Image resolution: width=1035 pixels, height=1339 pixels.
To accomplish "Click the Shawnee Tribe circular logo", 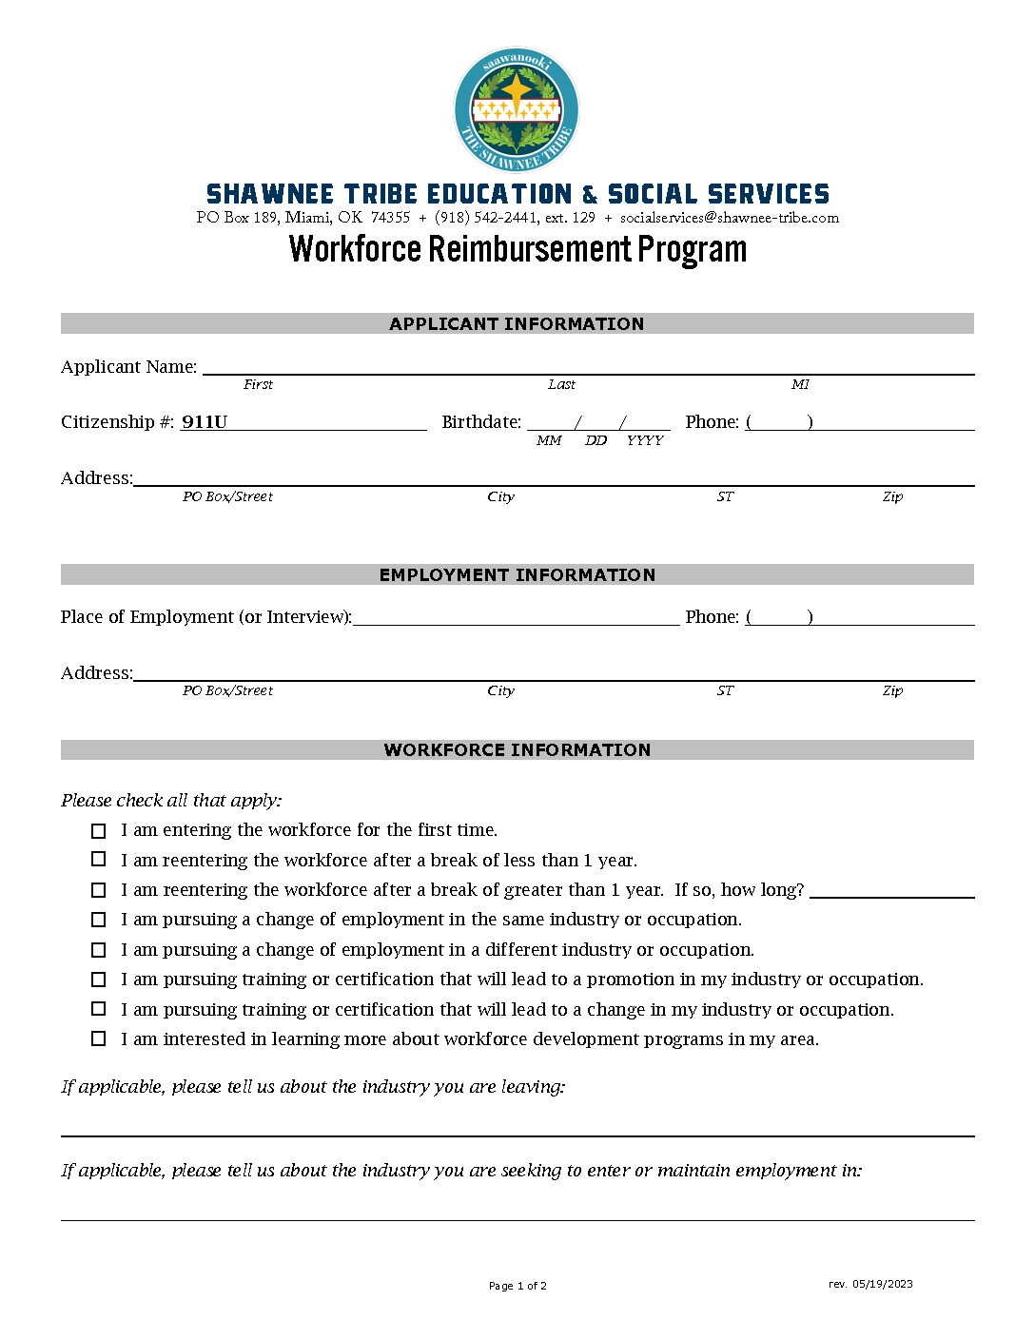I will coord(517,110).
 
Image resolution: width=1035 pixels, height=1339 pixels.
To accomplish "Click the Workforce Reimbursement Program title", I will coord(517,249).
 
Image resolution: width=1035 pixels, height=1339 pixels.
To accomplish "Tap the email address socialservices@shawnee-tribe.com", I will coord(730,218).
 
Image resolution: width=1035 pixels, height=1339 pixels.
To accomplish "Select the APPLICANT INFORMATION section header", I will coord(517,323).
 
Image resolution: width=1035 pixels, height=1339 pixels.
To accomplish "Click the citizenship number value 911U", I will coord(205,422).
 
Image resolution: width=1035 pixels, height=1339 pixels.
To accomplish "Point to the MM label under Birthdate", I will coord(549,440).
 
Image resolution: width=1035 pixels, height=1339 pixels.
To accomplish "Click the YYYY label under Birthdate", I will coord(645,440).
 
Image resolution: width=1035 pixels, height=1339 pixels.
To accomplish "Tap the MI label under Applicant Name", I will coord(800,384).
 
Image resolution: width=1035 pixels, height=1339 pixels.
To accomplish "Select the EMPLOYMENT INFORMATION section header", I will coord(517,574).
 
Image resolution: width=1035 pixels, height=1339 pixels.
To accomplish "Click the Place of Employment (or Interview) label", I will coord(205,617).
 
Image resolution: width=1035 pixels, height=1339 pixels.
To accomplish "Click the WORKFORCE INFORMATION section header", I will coord(517,749).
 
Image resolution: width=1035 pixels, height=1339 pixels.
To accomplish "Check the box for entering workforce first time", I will coord(99,831).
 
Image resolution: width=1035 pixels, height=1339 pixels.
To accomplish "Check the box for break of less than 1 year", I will coord(99,860).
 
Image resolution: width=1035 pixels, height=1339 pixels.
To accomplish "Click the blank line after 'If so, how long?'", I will coord(891,892).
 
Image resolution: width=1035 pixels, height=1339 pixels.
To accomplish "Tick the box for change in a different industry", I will coord(99,950).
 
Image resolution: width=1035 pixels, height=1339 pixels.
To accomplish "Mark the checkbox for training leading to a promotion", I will coord(99,980).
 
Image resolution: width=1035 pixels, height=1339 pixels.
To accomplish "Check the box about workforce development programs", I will coord(99,1038).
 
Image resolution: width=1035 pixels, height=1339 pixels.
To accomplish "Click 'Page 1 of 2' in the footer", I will coord(517,1286).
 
